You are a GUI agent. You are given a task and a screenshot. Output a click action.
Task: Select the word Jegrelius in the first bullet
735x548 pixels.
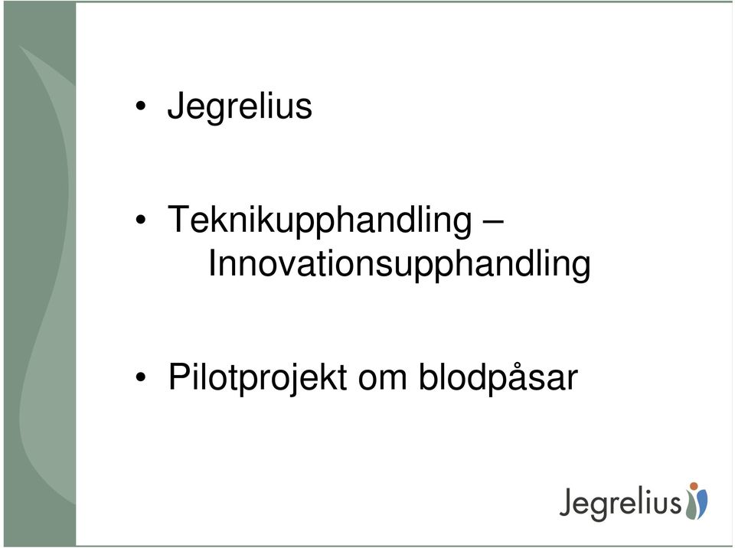240,107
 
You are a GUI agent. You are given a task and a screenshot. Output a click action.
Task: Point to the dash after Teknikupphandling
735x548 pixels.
493,220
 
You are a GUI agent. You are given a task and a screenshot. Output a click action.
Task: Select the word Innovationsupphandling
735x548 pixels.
399,266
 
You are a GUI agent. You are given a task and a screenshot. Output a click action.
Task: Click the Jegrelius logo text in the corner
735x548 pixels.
620,504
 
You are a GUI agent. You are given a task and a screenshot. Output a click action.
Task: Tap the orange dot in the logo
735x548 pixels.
694,486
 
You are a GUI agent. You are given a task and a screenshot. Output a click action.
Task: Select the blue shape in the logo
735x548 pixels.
702,504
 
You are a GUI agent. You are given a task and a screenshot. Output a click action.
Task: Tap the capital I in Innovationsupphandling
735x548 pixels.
211,263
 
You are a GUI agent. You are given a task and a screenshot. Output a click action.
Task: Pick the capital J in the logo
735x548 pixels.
566,503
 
